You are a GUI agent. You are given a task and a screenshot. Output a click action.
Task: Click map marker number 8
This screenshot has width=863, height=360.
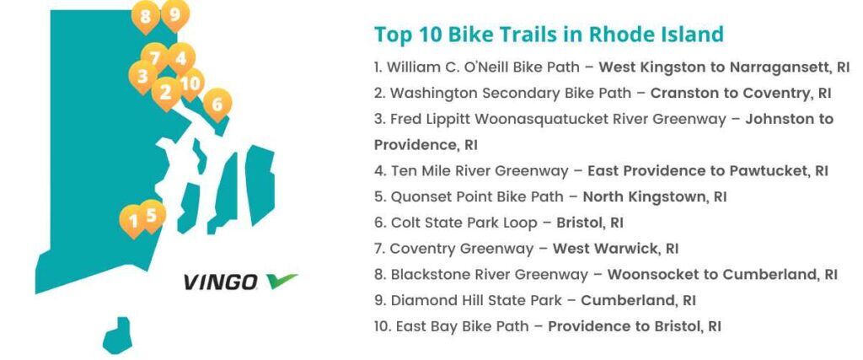(145, 16)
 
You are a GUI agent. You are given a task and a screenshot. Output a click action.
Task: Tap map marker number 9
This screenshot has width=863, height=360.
(175, 14)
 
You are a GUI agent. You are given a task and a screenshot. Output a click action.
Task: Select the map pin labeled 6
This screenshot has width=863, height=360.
(217, 104)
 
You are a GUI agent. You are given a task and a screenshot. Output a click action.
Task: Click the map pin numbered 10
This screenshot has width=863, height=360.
(191, 83)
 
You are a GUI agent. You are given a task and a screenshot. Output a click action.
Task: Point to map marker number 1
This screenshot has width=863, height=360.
(133, 220)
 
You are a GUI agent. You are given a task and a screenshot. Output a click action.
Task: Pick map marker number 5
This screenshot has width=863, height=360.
(153, 215)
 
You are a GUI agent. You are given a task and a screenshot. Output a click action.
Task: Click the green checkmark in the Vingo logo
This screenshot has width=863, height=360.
(281, 281)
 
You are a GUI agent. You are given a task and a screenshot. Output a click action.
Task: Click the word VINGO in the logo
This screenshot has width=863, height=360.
(220, 282)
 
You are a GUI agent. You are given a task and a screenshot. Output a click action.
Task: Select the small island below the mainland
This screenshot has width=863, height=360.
(117, 336)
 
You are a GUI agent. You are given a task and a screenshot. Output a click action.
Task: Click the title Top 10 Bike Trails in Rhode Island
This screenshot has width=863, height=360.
(549, 34)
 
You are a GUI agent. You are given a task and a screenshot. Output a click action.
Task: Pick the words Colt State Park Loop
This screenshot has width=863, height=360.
(464, 223)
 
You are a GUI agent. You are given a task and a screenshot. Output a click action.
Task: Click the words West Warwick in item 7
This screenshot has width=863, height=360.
(605, 248)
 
